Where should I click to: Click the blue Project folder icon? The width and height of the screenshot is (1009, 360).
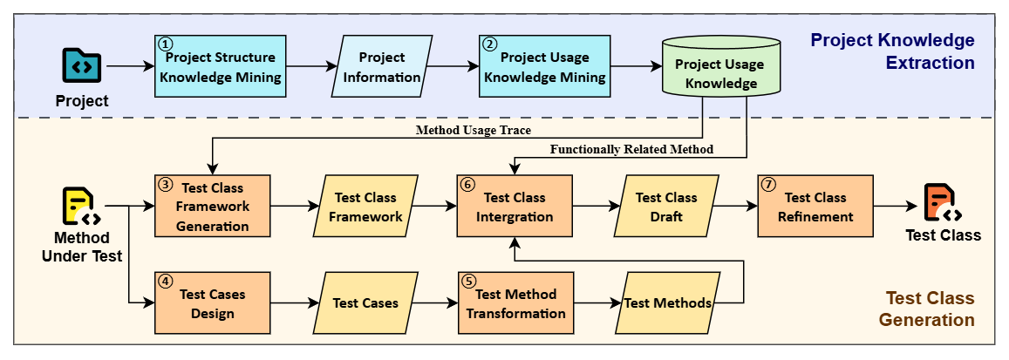[x=82, y=66]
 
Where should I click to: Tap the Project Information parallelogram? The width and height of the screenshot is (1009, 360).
[x=381, y=67]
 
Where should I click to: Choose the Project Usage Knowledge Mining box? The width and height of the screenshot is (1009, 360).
[x=545, y=67]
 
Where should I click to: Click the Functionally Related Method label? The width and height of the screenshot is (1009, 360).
[x=631, y=149]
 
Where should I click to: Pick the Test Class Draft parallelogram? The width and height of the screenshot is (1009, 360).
[x=666, y=207]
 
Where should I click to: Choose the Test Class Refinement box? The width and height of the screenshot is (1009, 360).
[x=815, y=207]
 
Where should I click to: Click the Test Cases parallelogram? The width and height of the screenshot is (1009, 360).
[x=365, y=303]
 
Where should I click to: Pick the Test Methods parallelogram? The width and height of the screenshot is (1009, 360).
[x=667, y=303]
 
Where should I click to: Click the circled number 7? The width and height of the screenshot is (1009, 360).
[x=768, y=186]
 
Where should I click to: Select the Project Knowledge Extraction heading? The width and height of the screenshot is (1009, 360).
[x=891, y=51]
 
